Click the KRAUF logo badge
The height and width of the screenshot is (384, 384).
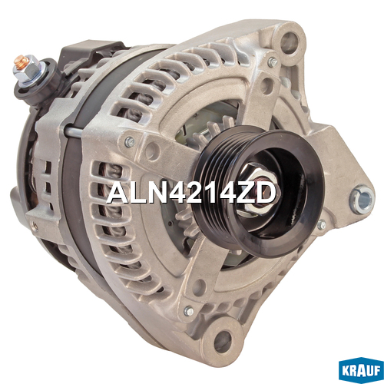tap(361, 370)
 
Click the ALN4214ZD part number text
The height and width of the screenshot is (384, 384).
tap(191, 194)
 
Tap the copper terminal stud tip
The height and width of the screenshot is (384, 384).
tap(22, 61)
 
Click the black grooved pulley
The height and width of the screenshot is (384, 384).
tap(259, 192)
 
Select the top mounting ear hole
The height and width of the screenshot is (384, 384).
tap(290, 42)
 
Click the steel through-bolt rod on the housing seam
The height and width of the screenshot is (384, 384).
tap(74, 131)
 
